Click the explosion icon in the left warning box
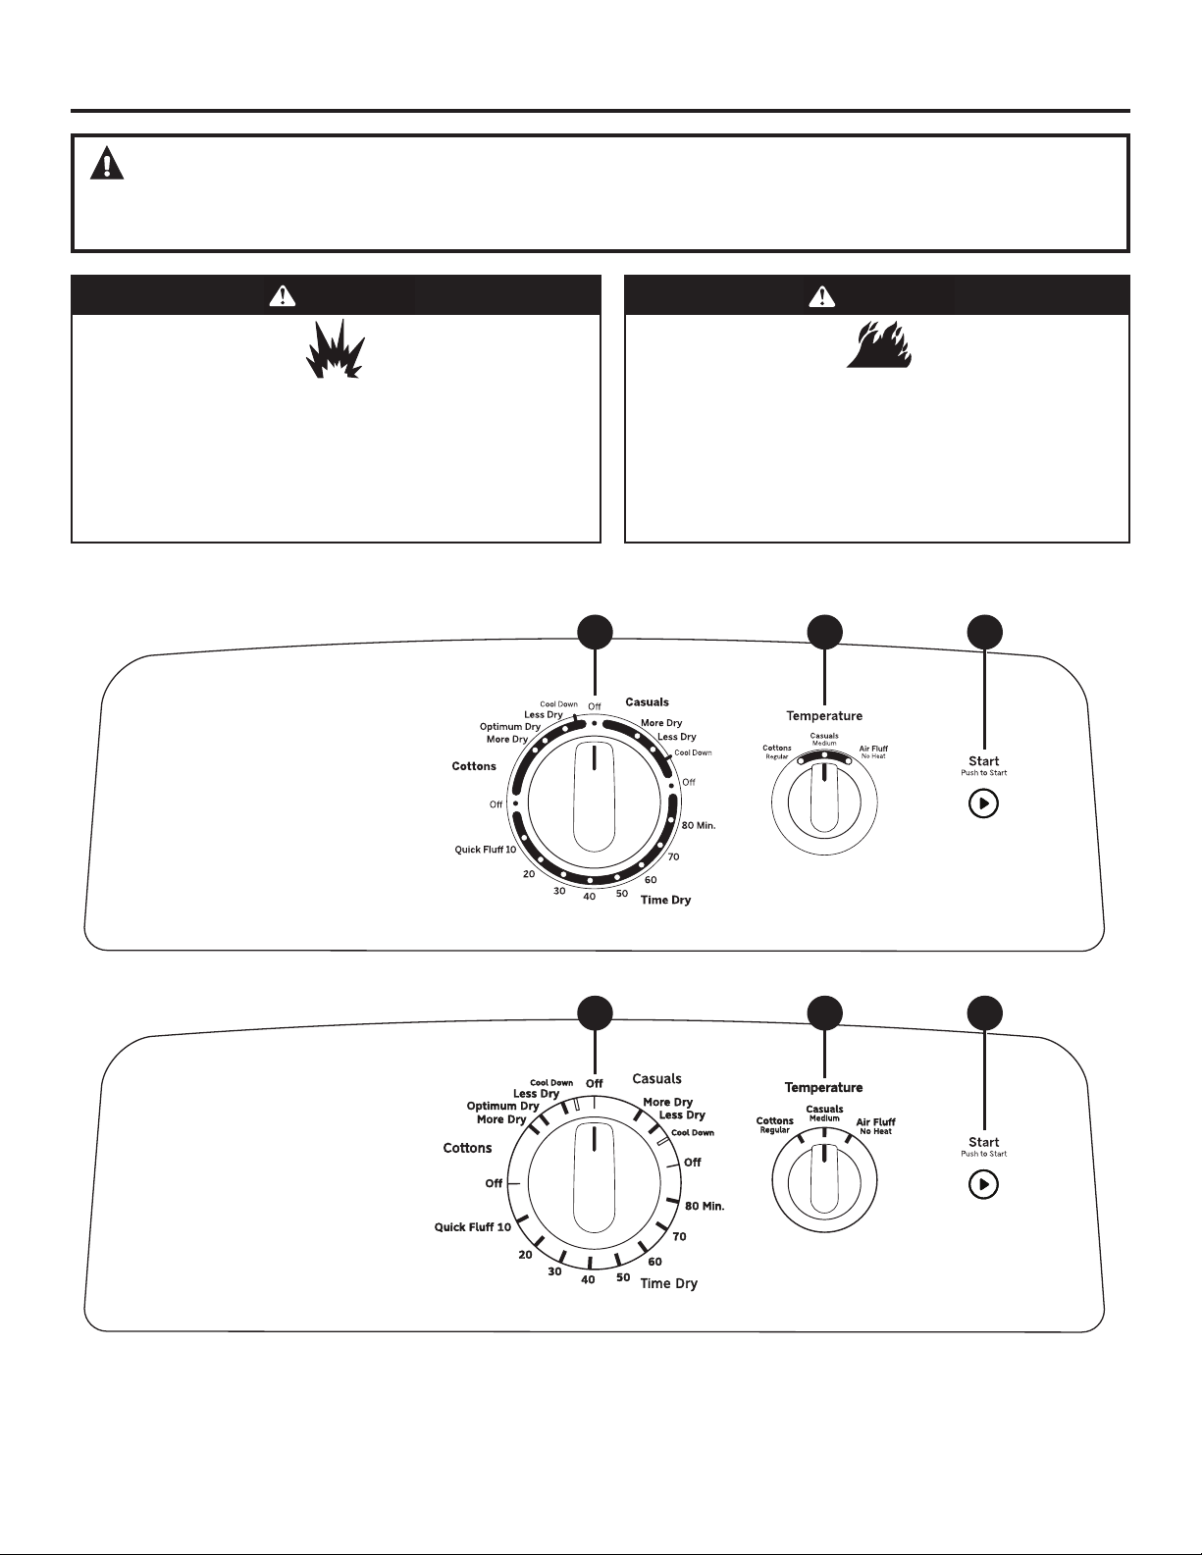click(x=336, y=348)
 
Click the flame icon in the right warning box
click(x=878, y=344)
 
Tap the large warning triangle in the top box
click(x=107, y=163)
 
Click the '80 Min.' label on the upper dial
click(x=699, y=825)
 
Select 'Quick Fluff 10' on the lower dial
click(x=473, y=1226)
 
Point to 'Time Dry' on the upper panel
click(x=665, y=900)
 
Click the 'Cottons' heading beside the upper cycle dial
click(x=474, y=765)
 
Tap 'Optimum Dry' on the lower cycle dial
click(x=502, y=1106)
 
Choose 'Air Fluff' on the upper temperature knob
click(x=873, y=749)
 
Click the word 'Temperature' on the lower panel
click(x=823, y=1087)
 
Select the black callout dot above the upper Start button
click(x=984, y=633)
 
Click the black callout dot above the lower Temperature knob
click(x=824, y=1013)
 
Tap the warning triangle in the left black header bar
click(x=283, y=295)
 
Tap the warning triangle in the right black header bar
click(x=822, y=295)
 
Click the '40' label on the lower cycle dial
click(x=588, y=1279)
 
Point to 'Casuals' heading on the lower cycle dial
click(x=656, y=1078)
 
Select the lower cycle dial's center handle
click(x=594, y=1177)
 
